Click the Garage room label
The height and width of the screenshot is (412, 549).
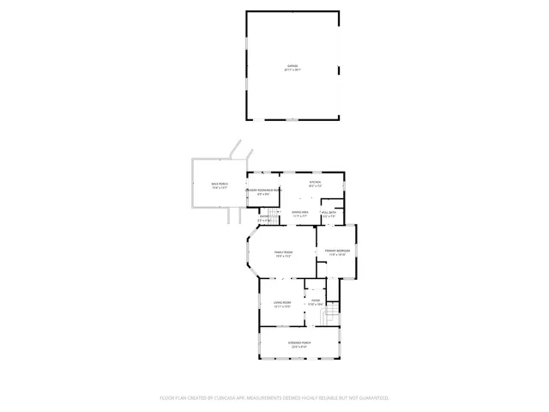tap(293, 65)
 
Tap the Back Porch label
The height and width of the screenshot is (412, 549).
tap(220, 184)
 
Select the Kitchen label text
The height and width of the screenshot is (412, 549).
tap(315, 182)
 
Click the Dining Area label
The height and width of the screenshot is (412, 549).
tap(300, 211)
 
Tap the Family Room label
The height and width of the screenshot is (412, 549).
tap(283, 251)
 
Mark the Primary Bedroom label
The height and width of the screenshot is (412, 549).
tap(336, 250)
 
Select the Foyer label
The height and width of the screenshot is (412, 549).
tap(316, 300)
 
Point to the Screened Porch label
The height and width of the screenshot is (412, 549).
tap(299, 342)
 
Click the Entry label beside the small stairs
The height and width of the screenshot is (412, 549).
tap(264, 216)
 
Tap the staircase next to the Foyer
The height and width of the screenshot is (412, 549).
tap(327, 318)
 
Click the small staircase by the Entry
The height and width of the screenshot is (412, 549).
tap(274, 214)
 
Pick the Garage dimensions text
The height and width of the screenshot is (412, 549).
tap(293, 70)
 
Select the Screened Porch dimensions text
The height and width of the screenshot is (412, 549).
tap(299, 346)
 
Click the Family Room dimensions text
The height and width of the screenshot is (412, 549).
tap(283, 256)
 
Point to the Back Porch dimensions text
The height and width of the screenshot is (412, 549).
tap(220, 188)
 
